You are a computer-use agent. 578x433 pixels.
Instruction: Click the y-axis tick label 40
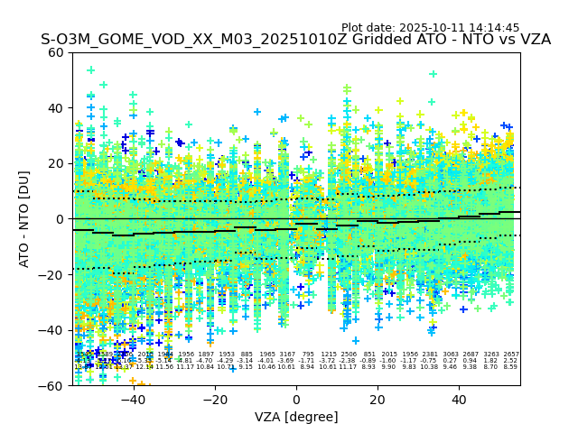[56, 107]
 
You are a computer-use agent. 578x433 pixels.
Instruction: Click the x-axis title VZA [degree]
[296, 417]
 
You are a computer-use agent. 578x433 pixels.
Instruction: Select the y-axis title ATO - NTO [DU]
[25, 218]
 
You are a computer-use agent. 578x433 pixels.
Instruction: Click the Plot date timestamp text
[443, 28]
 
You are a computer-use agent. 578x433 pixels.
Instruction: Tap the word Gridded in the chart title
[362, 41]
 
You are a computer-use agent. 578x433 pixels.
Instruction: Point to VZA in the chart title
[533, 41]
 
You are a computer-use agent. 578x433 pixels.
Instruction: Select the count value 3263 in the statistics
[491, 355]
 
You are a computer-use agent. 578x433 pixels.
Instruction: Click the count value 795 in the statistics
[308, 355]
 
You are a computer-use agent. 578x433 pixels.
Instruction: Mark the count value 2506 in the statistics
[349, 355]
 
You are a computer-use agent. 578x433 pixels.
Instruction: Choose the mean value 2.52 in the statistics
[511, 361]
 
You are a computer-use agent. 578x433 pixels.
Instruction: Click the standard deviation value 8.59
[511, 367]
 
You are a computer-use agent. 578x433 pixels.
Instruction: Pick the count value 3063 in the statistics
[451, 355]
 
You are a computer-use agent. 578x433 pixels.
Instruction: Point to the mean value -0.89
[368, 361]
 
